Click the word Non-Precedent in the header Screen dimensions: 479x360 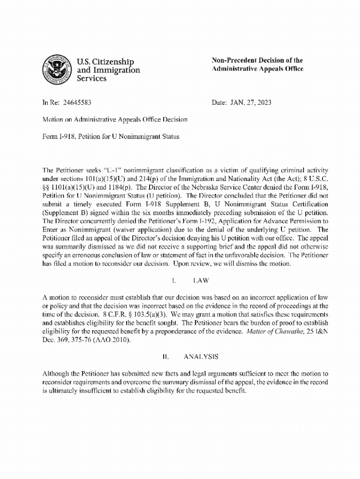(233, 60)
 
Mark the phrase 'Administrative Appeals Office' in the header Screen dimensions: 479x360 (257, 69)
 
